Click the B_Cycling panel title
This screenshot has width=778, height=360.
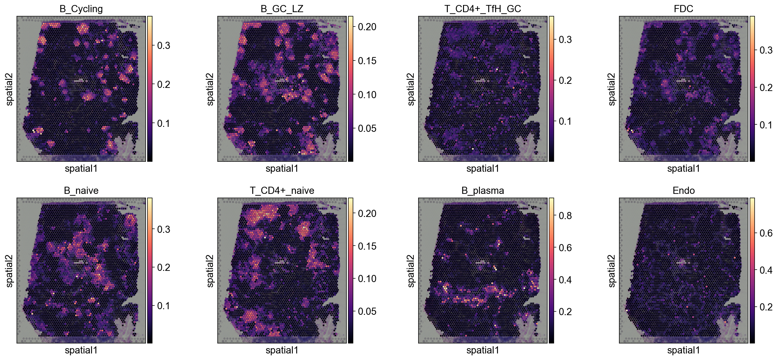click(x=81, y=9)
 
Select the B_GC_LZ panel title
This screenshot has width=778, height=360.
click(x=282, y=9)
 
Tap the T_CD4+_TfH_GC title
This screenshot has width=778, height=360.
click(x=483, y=9)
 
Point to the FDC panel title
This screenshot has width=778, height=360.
click(x=684, y=9)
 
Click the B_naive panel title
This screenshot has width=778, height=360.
click(x=81, y=190)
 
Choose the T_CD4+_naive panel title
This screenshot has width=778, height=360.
click(x=282, y=190)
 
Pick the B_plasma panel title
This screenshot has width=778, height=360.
click(x=483, y=190)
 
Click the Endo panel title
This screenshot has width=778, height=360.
click(x=684, y=190)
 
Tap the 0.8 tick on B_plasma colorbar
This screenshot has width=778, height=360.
click(x=565, y=216)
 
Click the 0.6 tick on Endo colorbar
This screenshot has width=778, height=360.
click(x=766, y=233)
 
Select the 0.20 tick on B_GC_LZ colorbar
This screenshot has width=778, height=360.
click(x=367, y=27)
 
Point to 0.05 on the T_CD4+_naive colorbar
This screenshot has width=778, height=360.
click(x=367, y=311)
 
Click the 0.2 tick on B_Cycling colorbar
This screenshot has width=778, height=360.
click(x=163, y=84)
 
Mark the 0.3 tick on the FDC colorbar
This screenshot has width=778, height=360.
click(x=766, y=50)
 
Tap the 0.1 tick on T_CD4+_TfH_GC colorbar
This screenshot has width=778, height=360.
click(x=565, y=121)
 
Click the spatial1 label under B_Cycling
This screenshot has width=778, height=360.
click(x=81, y=169)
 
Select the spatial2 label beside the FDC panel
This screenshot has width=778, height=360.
click(x=612, y=89)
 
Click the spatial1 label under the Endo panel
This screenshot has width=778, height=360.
click(x=684, y=350)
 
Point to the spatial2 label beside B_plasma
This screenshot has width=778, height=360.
click(x=411, y=271)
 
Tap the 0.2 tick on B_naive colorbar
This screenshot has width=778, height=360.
click(x=163, y=267)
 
